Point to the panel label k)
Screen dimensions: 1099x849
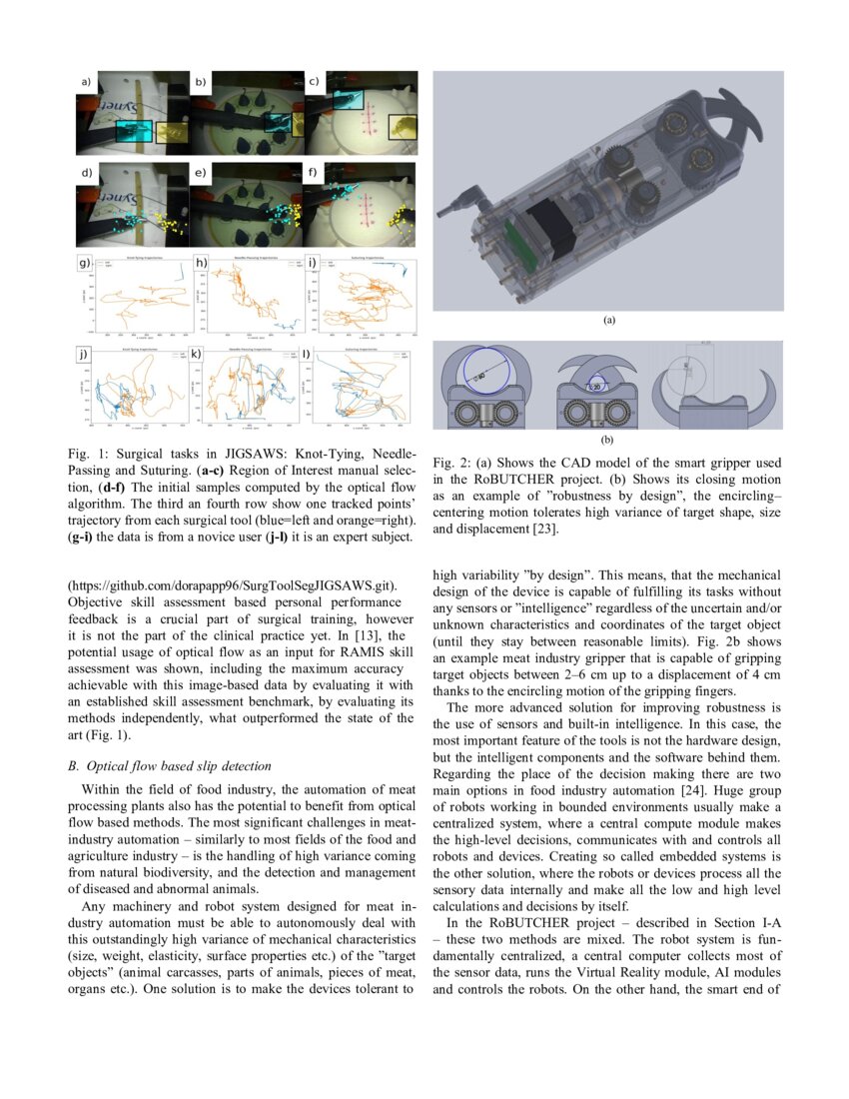(197, 354)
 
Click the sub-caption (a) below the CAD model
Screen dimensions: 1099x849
(608, 322)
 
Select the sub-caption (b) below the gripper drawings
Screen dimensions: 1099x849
(607, 439)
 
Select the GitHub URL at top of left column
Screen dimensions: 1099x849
(233, 584)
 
